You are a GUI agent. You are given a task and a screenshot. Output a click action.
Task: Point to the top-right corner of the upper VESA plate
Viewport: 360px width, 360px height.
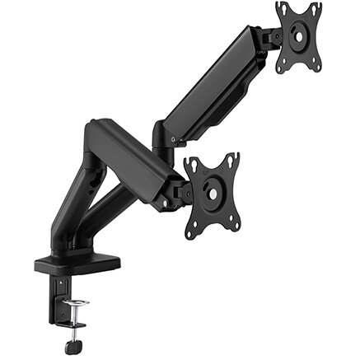tap(318, 6)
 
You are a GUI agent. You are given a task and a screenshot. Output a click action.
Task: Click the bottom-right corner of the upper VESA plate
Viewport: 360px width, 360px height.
tap(318, 66)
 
